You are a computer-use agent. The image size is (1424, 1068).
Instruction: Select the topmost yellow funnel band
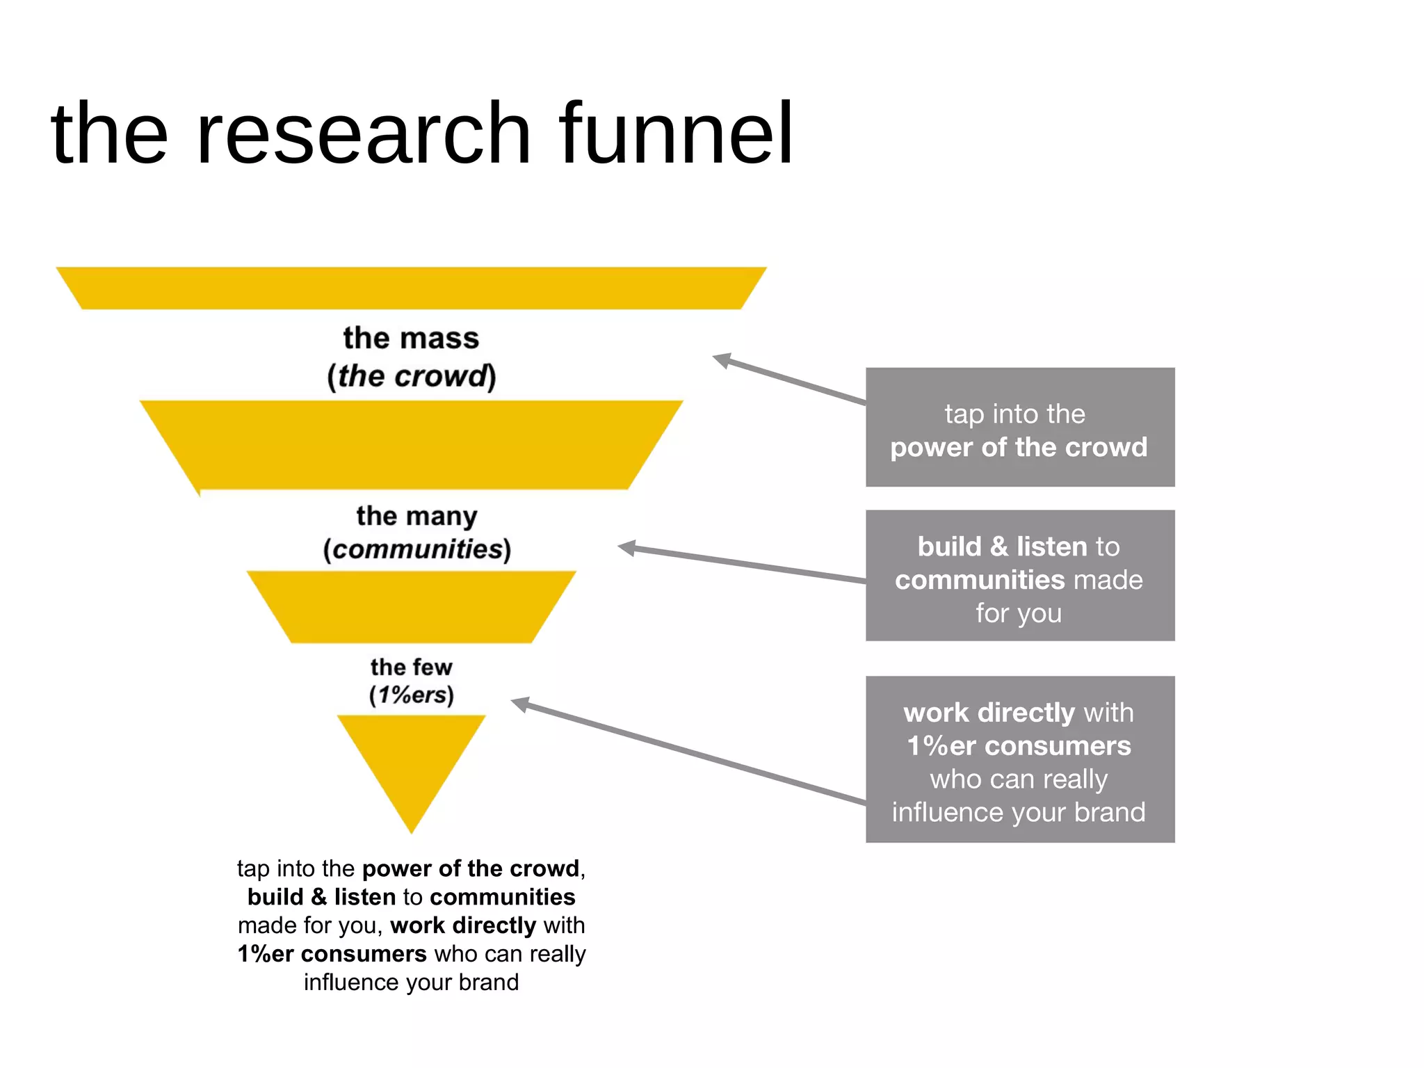click(x=411, y=288)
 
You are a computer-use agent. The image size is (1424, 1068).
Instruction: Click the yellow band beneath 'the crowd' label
click(x=411, y=445)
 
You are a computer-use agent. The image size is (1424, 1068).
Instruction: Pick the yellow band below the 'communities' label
click(x=411, y=606)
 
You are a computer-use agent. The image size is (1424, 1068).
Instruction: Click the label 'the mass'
click(x=411, y=339)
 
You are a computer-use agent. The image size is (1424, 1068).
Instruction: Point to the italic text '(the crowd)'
click(x=411, y=376)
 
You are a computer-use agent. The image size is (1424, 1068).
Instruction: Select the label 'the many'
click(x=416, y=516)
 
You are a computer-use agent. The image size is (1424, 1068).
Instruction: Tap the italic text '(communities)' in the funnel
click(x=416, y=549)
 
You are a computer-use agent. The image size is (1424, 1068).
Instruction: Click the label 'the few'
click(x=411, y=667)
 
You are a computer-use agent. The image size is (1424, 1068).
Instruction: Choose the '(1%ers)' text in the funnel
click(x=411, y=695)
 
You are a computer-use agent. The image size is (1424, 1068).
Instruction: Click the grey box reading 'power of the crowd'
click(x=1019, y=428)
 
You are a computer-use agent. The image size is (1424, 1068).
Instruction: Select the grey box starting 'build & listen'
click(x=1019, y=576)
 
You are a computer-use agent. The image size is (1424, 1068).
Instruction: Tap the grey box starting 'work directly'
click(x=1019, y=759)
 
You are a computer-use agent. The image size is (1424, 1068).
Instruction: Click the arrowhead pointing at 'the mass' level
click(x=722, y=360)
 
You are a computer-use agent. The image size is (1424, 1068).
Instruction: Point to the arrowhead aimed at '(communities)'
click(x=626, y=548)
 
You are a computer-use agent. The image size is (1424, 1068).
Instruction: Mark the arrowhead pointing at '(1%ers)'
click(x=520, y=704)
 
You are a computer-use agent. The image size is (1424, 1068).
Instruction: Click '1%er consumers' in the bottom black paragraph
click(x=332, y=953)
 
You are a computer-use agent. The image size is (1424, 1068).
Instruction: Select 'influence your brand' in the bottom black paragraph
click(x=411, y=982)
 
